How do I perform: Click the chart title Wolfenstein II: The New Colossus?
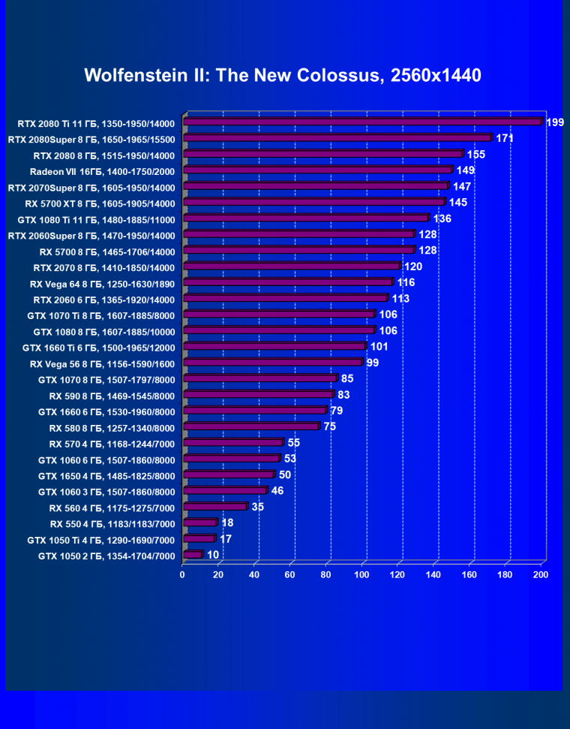[283, 75]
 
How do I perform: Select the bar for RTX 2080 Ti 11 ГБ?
[361, 122]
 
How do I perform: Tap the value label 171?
[505, 139]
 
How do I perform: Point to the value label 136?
[442, 218]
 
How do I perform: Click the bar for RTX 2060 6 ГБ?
[285, 298]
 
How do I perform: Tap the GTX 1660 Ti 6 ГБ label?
[98, 348]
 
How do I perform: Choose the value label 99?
[373, 363]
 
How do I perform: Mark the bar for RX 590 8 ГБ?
[258, 394]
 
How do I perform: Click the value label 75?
[330, 426]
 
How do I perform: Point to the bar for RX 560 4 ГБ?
[214, 507]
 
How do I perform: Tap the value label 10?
[213, 556]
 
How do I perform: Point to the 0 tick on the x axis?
[182, 574]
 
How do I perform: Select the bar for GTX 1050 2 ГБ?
[192, 555]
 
